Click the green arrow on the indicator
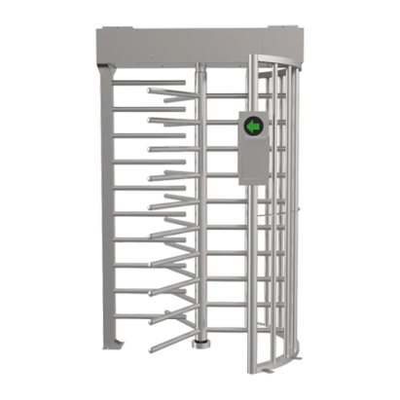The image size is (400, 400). (x=253, y=126)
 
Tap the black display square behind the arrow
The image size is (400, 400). (x=253, y=126)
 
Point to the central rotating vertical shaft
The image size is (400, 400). (x=199, y=195)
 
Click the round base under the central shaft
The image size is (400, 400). (x=200, y=343)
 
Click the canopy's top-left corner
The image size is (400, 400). (x=95, y=29)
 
